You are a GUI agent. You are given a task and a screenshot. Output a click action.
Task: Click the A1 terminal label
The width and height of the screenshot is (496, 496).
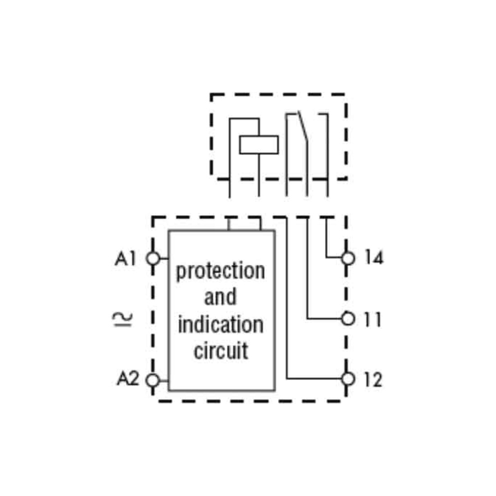pyautogui.click(x=126, y=258)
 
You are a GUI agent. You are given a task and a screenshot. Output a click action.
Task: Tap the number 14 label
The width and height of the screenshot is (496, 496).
pyautogui.click(x=374, y=257)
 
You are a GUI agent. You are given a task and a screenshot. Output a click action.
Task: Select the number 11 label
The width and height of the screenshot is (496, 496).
pyautogui.click(x=373, y=319)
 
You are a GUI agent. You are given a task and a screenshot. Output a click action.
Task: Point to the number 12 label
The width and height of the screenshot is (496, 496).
pyautogui.click(x=373, y=380)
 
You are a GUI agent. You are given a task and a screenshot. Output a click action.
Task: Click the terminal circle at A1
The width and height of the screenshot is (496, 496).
pyautogui.click(x=153, y=258)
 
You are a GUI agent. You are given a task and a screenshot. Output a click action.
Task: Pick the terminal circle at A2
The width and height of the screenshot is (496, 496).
pyautogui.click(x=153, y=380)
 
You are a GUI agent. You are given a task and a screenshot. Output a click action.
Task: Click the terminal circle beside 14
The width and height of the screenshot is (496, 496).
pyautogui.click(x=348, y=258)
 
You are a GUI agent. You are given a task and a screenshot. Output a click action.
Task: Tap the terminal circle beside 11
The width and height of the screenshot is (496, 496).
pyautogui.click(x=348, y=318)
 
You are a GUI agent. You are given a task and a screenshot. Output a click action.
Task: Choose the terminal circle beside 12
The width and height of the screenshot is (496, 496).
pyautogui.click(x=348, y=379)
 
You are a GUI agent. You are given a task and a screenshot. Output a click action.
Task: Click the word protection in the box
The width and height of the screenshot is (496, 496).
pyautogui.click(x=220, y=271)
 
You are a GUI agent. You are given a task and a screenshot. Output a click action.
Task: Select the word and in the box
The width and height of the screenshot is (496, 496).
pyautogui.click(x=220, y=296)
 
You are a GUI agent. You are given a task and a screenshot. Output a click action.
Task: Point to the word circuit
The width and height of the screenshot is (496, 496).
pyautogui.click(x=221, y=350)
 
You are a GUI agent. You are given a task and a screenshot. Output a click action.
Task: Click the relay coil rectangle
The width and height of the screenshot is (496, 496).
pyautogui.click(x=259, y=145)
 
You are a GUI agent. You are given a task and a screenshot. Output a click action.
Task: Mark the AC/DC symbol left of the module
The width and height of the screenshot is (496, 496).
pyautogui.click(x=123, y=320)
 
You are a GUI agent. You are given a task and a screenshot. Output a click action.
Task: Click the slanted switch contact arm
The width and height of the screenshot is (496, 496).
pyautogui.click(x=303, y=127)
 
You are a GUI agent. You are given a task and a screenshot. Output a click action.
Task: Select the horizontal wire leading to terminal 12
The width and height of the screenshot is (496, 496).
pyautogui.click(x=314, y=378)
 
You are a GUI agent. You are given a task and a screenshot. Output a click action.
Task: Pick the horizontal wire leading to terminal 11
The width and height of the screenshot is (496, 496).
pyautogui.click(x=324, y=318)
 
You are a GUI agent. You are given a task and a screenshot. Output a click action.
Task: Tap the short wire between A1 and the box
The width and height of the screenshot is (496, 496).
pyautogui.click(x=164, y=258)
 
